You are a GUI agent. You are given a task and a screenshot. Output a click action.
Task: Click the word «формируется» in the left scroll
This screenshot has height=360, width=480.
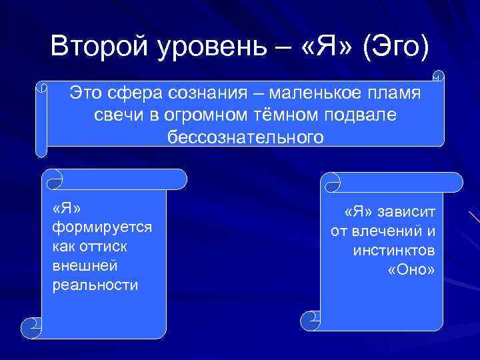pyautogui.click(x=101, y=227)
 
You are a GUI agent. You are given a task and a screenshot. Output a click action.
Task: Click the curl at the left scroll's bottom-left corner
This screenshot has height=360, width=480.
pyautogui.click(x=33, y=327)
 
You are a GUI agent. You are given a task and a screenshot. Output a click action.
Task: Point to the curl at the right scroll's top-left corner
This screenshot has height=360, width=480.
pyautogui.click(x=331, y=181)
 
